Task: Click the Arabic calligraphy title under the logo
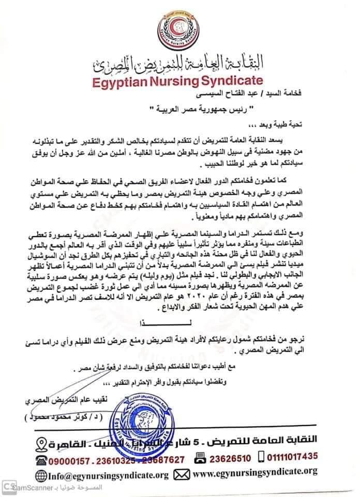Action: click(178, 64)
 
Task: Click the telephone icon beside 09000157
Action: click(41, 459)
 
